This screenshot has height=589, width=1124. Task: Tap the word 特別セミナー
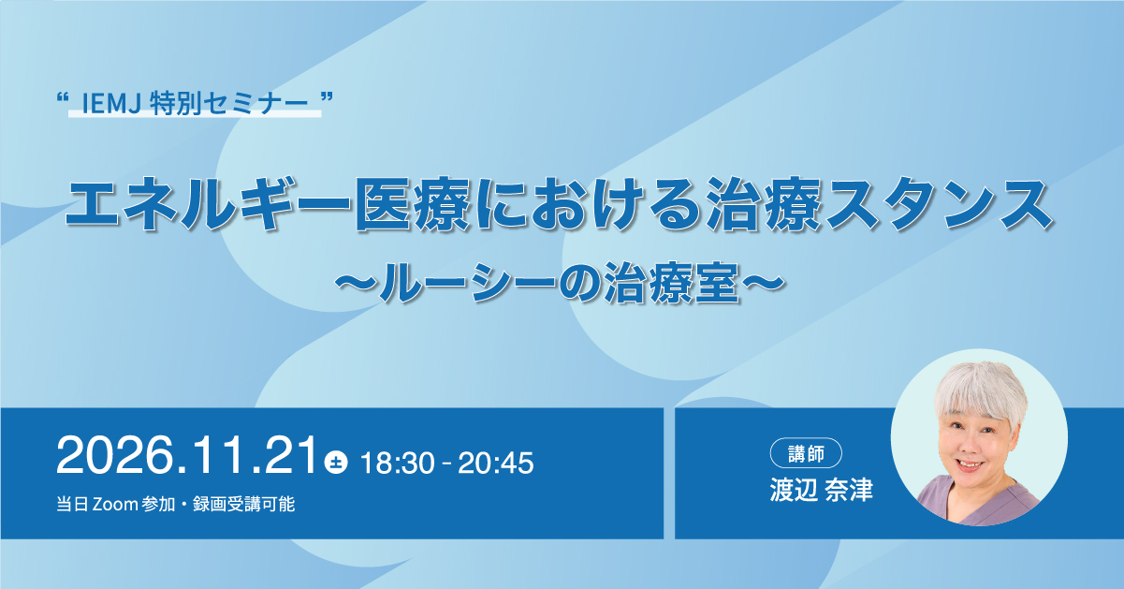(228, 105)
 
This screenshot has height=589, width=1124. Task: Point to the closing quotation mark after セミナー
(327, 96)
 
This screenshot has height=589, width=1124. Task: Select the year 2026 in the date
(115, 455)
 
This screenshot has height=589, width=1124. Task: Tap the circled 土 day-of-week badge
(336, 462)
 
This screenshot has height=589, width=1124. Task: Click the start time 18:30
(397, 463)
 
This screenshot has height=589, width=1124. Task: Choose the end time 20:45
(496, 463)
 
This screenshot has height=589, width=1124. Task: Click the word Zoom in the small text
(115, 504)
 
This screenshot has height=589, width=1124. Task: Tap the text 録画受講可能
(244, 504)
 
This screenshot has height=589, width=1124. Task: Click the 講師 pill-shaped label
(806, 453)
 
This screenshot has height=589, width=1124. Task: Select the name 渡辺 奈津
(822, 490)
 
